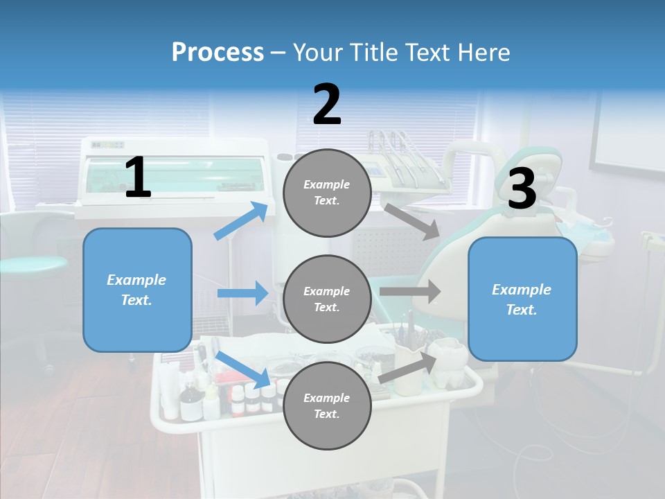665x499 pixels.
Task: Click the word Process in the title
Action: click(x=218, y=52)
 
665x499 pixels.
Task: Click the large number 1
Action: click(x=138, y=178)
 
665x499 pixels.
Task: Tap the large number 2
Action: click(x=327, y=104)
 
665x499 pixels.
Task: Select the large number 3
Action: click(x=522, y=189)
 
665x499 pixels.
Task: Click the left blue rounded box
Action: click(x=137, y=290)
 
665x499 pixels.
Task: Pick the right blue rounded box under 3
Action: click(x=522, y=299)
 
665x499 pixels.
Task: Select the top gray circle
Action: click(x=327, y=193)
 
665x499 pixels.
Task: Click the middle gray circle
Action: click(x=327, y=299)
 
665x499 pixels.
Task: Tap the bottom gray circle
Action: click(x=327, y=406)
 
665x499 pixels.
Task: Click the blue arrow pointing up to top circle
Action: click(x=242, y=221)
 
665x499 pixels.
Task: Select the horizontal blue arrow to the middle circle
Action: click(x=242, y=293)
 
